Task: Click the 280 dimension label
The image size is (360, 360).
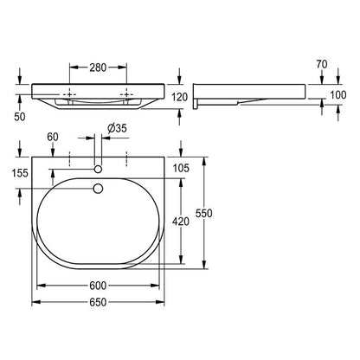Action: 98,67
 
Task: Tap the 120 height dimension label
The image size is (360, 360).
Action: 180,97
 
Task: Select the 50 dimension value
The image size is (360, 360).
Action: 20,117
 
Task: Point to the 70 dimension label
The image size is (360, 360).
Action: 322,64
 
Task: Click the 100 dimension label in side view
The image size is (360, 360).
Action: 337,95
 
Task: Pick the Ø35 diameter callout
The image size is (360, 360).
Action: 117,128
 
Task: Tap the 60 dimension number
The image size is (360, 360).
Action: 53,137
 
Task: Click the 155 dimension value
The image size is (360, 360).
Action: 20,173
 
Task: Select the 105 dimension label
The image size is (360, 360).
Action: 181,168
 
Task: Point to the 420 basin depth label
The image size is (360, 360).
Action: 181,222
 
